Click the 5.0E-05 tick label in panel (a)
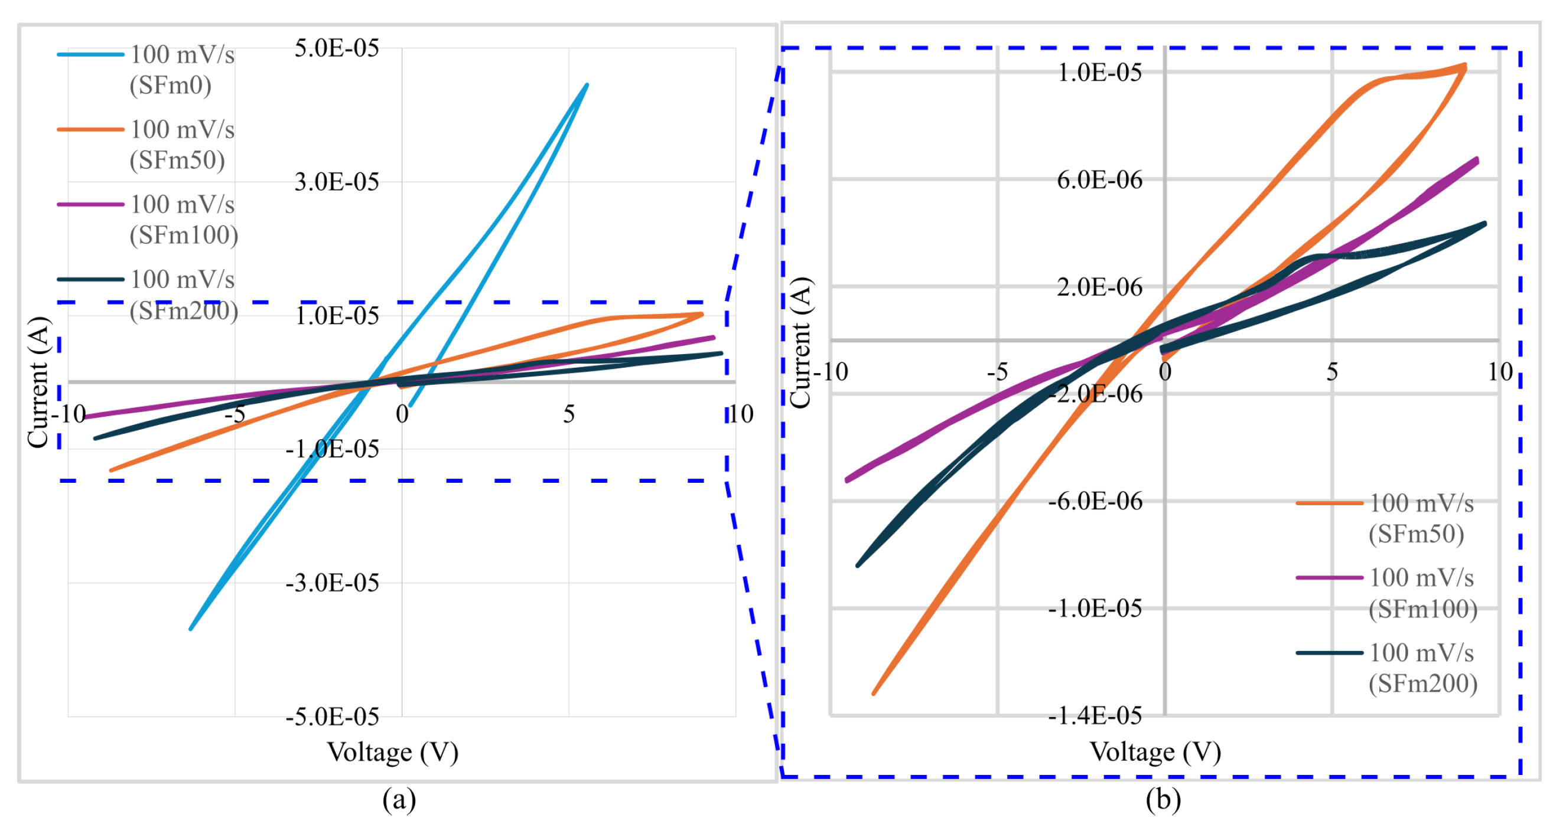coord(336,48)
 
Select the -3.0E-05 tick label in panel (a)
coord(332,583)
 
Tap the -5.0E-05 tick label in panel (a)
coord(332,717)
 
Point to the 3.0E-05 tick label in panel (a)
coord(336,182)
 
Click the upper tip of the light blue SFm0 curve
coord(587,85)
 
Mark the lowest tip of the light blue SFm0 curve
coord(191,629)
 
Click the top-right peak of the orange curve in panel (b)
coord(1464,66)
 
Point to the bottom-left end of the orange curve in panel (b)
coord(874,693)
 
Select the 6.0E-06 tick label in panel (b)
coord(1099,180)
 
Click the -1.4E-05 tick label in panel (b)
coord(1094,715)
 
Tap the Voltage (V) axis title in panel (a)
coord(393,752)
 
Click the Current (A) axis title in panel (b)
coord(801,342)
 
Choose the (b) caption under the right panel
coord(1163,799)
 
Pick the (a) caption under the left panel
coord(399,799)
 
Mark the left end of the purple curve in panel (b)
coord(847,480)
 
